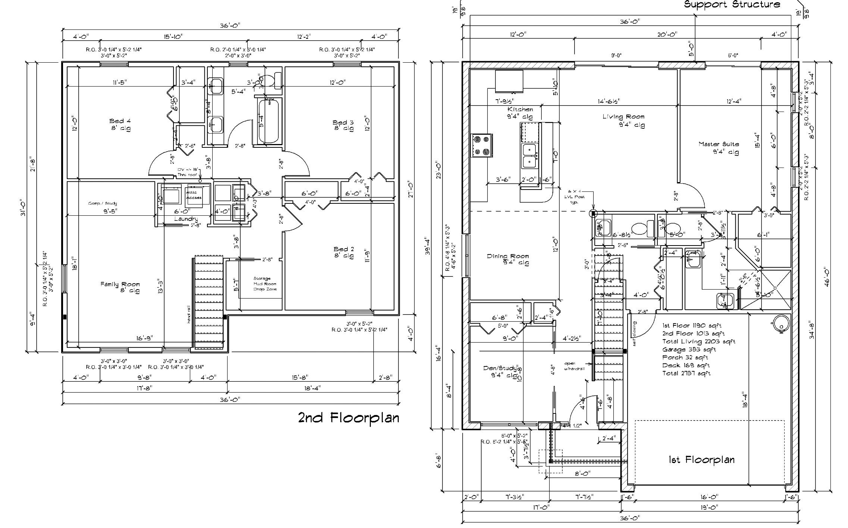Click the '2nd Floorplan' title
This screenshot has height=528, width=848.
pos(348,418)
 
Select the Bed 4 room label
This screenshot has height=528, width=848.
pos(120,124)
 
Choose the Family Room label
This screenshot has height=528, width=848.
pos(120,287)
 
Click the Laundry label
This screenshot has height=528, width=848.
pos(186,219)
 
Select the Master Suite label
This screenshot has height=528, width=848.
pos(719,147)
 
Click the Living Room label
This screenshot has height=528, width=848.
pos(623,120)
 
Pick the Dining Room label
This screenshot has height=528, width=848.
pos(508,259)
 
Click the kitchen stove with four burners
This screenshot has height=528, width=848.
pos(481,145)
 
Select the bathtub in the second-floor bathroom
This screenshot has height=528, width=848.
pos(269,121)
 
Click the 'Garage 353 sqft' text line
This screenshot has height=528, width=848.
pos(689,349)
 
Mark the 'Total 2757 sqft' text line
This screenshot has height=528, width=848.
pos(686,373)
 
